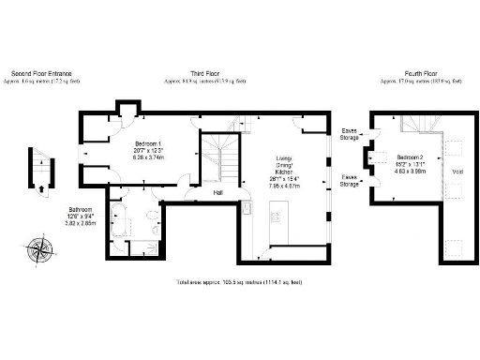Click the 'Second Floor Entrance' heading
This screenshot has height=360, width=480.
click(x=40, y=74)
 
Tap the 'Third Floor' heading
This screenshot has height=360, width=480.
click(x=204, y=74)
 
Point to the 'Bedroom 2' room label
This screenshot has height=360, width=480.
click(x=409, y=157)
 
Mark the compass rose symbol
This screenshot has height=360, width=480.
click(x=40, y=248)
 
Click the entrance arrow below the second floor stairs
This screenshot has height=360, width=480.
click(x=40, y=187)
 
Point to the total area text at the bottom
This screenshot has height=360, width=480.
click(x=239, y=282)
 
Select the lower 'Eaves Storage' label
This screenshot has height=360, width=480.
click(x=349, y=180)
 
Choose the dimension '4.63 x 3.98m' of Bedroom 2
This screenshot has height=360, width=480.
click(x=409, y=172)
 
